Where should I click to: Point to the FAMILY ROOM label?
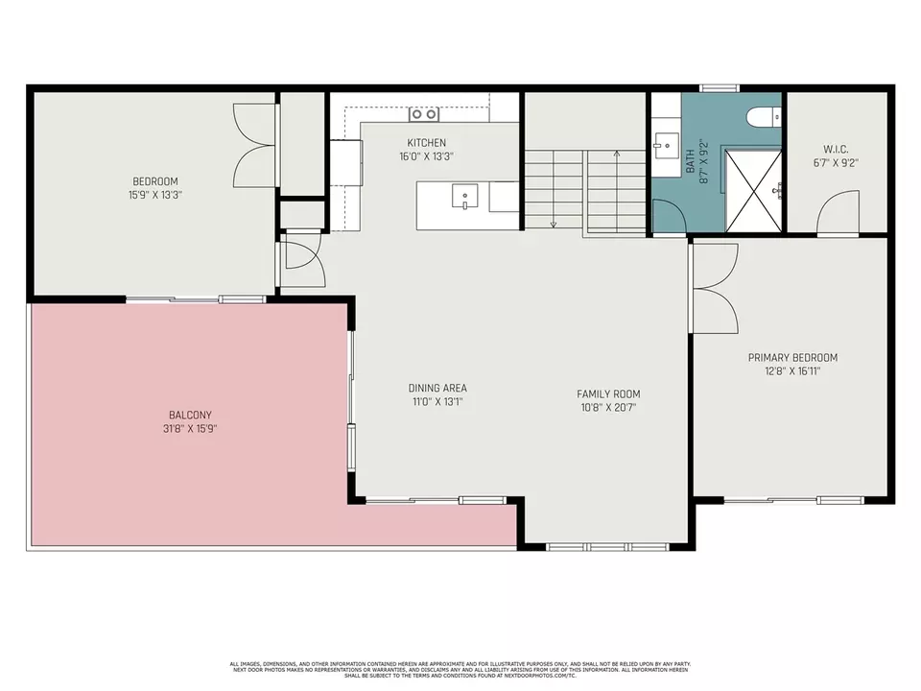point(607,393)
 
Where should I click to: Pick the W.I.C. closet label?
point(836,149)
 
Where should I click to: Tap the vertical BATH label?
point(690,158)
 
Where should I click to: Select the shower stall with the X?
point(752,190)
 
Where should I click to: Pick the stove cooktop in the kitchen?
point(423,114)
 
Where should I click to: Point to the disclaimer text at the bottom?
point(460,669)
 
